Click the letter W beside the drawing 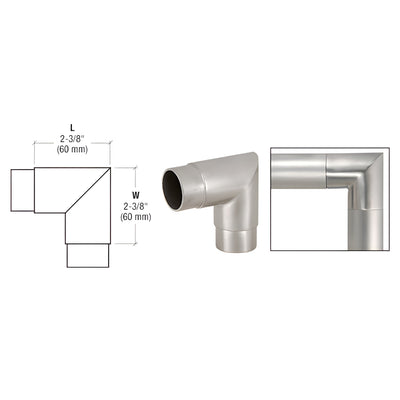135,182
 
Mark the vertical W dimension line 117,205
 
